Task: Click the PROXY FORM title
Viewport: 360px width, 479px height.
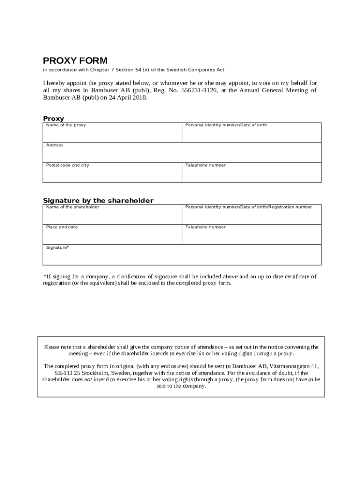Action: [75, 61]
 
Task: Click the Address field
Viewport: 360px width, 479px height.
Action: [182, 153]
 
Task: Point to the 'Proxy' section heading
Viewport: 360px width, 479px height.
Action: [54, 119]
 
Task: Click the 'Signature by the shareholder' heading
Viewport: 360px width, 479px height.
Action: [98, 201]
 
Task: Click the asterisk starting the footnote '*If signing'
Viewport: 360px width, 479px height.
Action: [44, 276]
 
